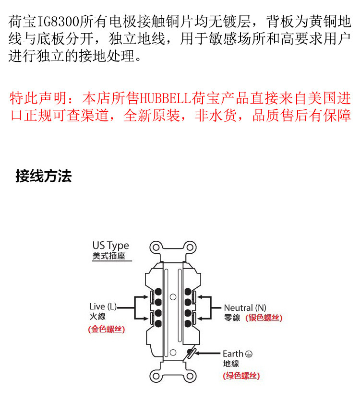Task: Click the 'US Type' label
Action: (110, 246)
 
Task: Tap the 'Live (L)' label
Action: (103, 307)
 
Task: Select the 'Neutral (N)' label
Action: (245, 307)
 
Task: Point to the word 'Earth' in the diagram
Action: (233, 354)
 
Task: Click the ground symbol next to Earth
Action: (249, 354)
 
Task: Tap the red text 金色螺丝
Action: (106, 330)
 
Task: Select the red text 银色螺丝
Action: (264, 318)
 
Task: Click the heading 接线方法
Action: (44, 176)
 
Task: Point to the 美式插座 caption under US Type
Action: (108, 256)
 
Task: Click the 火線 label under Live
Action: (97, 317)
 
